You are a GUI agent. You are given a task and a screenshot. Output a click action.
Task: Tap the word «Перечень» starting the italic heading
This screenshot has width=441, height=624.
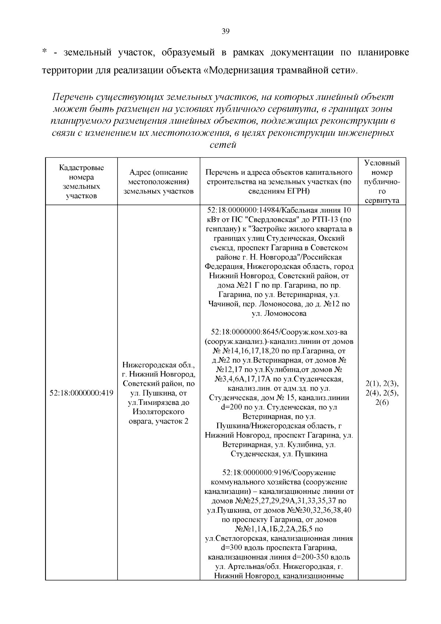72,97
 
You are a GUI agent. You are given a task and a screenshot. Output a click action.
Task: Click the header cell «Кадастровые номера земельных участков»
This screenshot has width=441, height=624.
81,182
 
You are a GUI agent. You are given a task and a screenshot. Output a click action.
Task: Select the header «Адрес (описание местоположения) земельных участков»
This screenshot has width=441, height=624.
158,182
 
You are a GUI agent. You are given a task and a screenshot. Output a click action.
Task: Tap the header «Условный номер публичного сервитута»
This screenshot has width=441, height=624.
382,182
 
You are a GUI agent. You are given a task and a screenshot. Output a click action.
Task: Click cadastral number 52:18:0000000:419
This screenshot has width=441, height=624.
81,393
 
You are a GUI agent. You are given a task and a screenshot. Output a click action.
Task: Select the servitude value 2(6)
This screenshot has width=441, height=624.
382,402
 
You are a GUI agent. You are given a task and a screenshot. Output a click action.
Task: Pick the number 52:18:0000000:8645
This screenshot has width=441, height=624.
242,332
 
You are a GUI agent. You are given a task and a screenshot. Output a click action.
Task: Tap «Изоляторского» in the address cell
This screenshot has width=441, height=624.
158,411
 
